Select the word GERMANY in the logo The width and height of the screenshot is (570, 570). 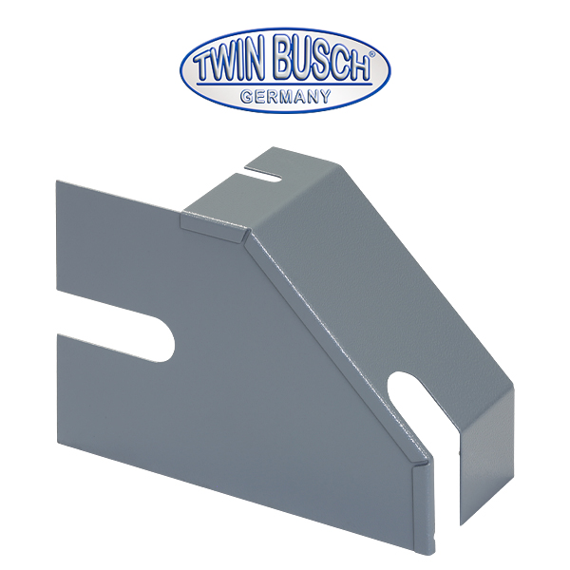285,95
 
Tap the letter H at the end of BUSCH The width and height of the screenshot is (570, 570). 357,65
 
